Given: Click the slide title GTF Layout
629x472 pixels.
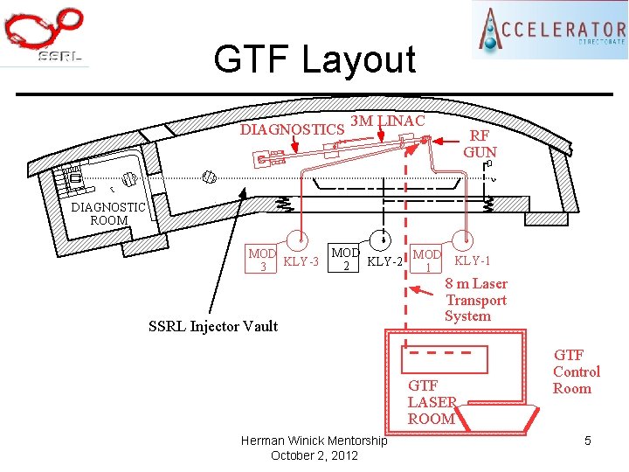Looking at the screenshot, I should pos(314,60).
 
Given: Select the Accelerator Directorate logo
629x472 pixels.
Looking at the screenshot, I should pos(550,30).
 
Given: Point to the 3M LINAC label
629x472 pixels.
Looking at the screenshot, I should pos(387,121).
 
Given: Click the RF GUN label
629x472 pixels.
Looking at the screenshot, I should pos(480,144).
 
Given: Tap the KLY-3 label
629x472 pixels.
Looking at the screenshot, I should pos(301,260).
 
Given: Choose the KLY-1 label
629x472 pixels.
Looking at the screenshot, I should pos(473,260).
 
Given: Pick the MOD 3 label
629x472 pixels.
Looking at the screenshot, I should pos(262,260).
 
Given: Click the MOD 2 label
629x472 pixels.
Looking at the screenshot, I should pos(345,259).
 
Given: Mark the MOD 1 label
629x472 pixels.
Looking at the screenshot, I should pos(427,260).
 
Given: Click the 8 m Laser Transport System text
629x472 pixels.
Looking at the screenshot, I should pos(475,300).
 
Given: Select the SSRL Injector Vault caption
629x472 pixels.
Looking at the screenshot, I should pos(213,326).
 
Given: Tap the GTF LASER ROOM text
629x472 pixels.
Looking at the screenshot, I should pos(432,402).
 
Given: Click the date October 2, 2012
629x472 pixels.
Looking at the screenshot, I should pos(314,455).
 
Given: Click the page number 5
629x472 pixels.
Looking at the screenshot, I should pos(588,441).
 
